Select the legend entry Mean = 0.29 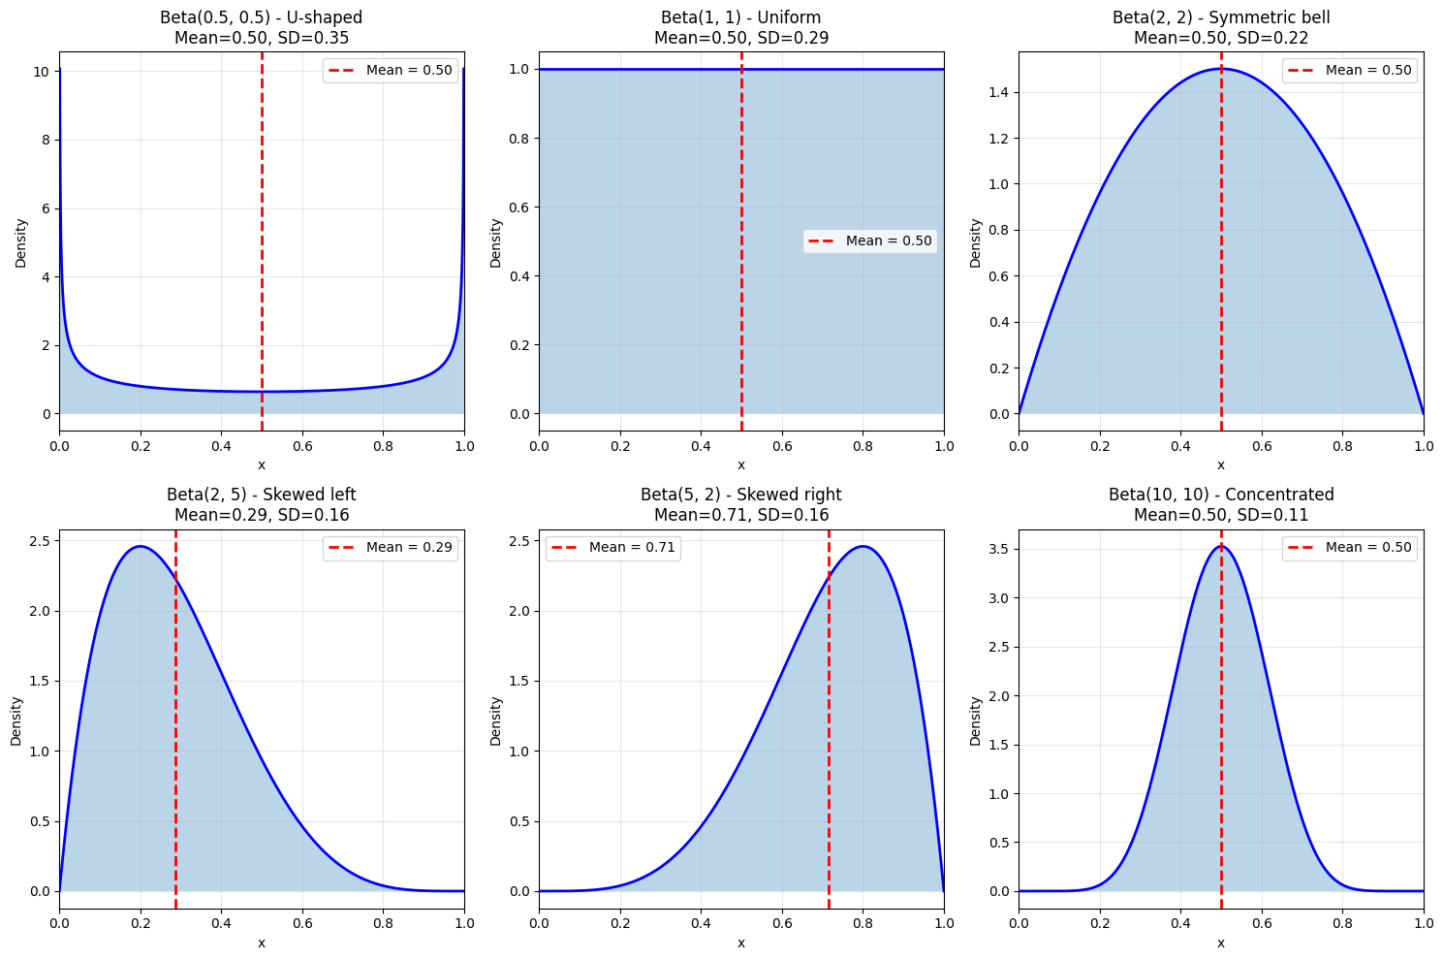(390, 548)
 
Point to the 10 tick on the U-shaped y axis (43, 72)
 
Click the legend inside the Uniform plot (869, 241)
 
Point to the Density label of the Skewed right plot (496, 720)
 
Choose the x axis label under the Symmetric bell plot (1220, 465)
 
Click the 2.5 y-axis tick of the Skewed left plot (41, 541)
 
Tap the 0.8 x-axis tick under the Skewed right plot (863, 923)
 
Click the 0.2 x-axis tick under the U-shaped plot (141, 446)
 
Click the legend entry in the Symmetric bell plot (1349, 71)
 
